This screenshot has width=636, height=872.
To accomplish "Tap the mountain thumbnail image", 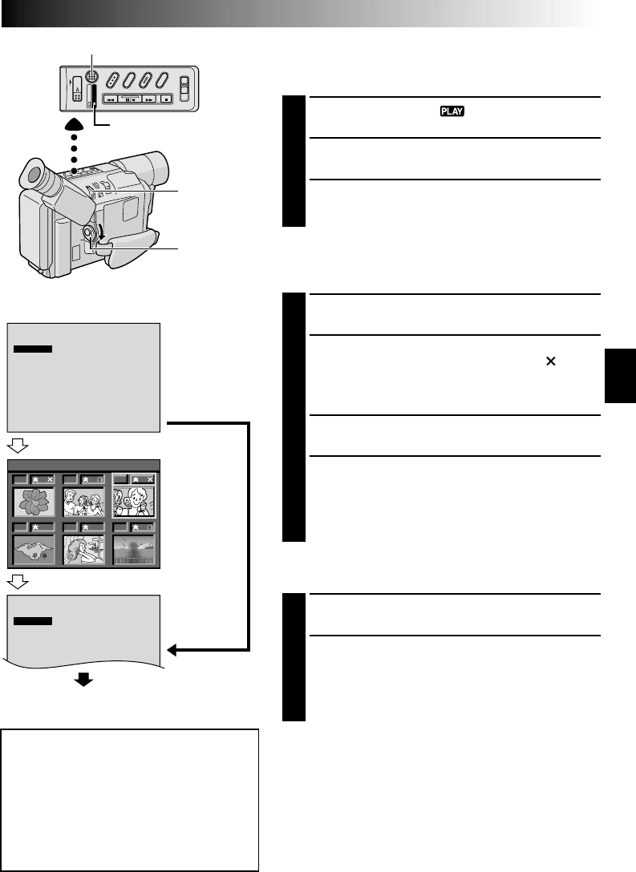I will (x=33, y=551).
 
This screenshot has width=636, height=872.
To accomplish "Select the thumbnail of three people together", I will (x=83, y=502).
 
